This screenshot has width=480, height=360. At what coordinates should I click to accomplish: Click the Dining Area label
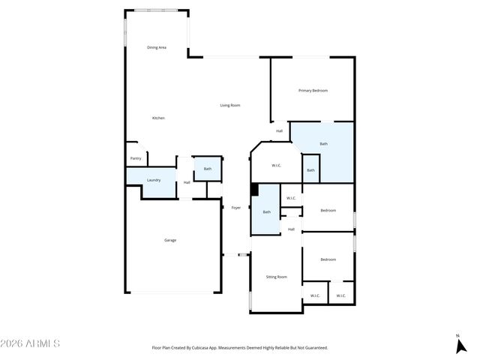pos(156,47)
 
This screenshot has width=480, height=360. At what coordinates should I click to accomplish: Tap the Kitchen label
pos(158,118)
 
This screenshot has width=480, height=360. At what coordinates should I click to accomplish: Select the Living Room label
pos(229,105)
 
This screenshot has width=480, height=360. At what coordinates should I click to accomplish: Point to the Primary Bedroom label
pos(313,91)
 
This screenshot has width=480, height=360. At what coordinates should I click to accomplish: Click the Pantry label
pos(136,158)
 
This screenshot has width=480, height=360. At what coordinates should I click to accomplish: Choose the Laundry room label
pos(153,180)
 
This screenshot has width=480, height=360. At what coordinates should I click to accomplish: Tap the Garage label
pos(170,240)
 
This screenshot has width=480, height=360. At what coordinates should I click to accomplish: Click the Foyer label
pos(235,208)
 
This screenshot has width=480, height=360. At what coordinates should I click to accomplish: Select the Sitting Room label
pos(276,277)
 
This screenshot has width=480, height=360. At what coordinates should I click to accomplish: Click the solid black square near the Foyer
pos(254,190)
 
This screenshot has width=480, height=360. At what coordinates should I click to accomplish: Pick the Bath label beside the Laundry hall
pos(208,169)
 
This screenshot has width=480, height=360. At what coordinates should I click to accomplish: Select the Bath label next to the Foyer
pos(266,212)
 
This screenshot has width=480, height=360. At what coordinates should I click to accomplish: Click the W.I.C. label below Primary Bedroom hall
pos(275,166)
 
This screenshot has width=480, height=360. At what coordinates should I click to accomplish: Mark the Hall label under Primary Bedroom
pos(279,131)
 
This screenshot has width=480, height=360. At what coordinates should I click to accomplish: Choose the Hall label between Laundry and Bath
pos(187,182)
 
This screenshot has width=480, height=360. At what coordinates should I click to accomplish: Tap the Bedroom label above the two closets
pos(328,259)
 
